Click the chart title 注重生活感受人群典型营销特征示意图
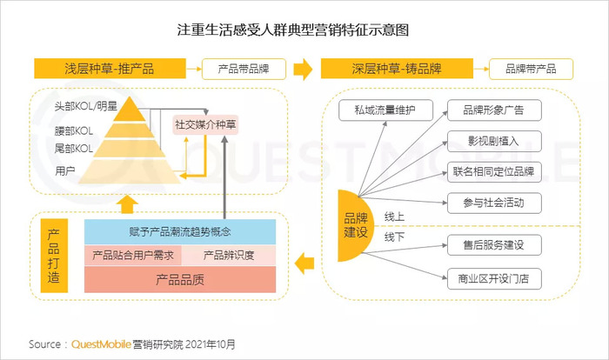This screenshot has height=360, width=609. [x=293, y=30]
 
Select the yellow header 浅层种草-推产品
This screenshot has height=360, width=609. [x=110, y=69]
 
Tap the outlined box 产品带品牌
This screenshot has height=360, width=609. [x=244, y=69]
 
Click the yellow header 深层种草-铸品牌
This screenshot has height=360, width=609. [x=397, y=69]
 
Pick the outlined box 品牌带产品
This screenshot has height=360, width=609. [x=531, y=69]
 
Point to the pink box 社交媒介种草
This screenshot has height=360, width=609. [x=205, y=124]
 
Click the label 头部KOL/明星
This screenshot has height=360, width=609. [x=86, y=106]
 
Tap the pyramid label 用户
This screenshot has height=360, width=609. [x=65, y=170]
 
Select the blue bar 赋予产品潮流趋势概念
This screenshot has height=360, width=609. [x=180, y=232]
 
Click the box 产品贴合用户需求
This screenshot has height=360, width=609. [x=133, y=255]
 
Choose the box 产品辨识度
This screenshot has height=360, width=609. [x=229, y=255]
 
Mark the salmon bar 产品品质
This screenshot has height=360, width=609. [x=180, y=279]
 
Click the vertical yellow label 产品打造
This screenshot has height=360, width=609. [x=54, y=256]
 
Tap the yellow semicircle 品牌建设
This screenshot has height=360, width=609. [x=354, y=225]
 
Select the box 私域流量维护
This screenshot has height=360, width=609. [x=385, y=110]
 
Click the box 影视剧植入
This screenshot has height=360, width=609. [x=494, y=141]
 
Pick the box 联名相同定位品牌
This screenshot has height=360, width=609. [x=494, y=171]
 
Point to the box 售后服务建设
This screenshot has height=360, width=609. [x=494, y=244]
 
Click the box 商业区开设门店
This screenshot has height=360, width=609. [x=494, y=278]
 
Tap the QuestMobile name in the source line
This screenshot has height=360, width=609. [x=101, y=344]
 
